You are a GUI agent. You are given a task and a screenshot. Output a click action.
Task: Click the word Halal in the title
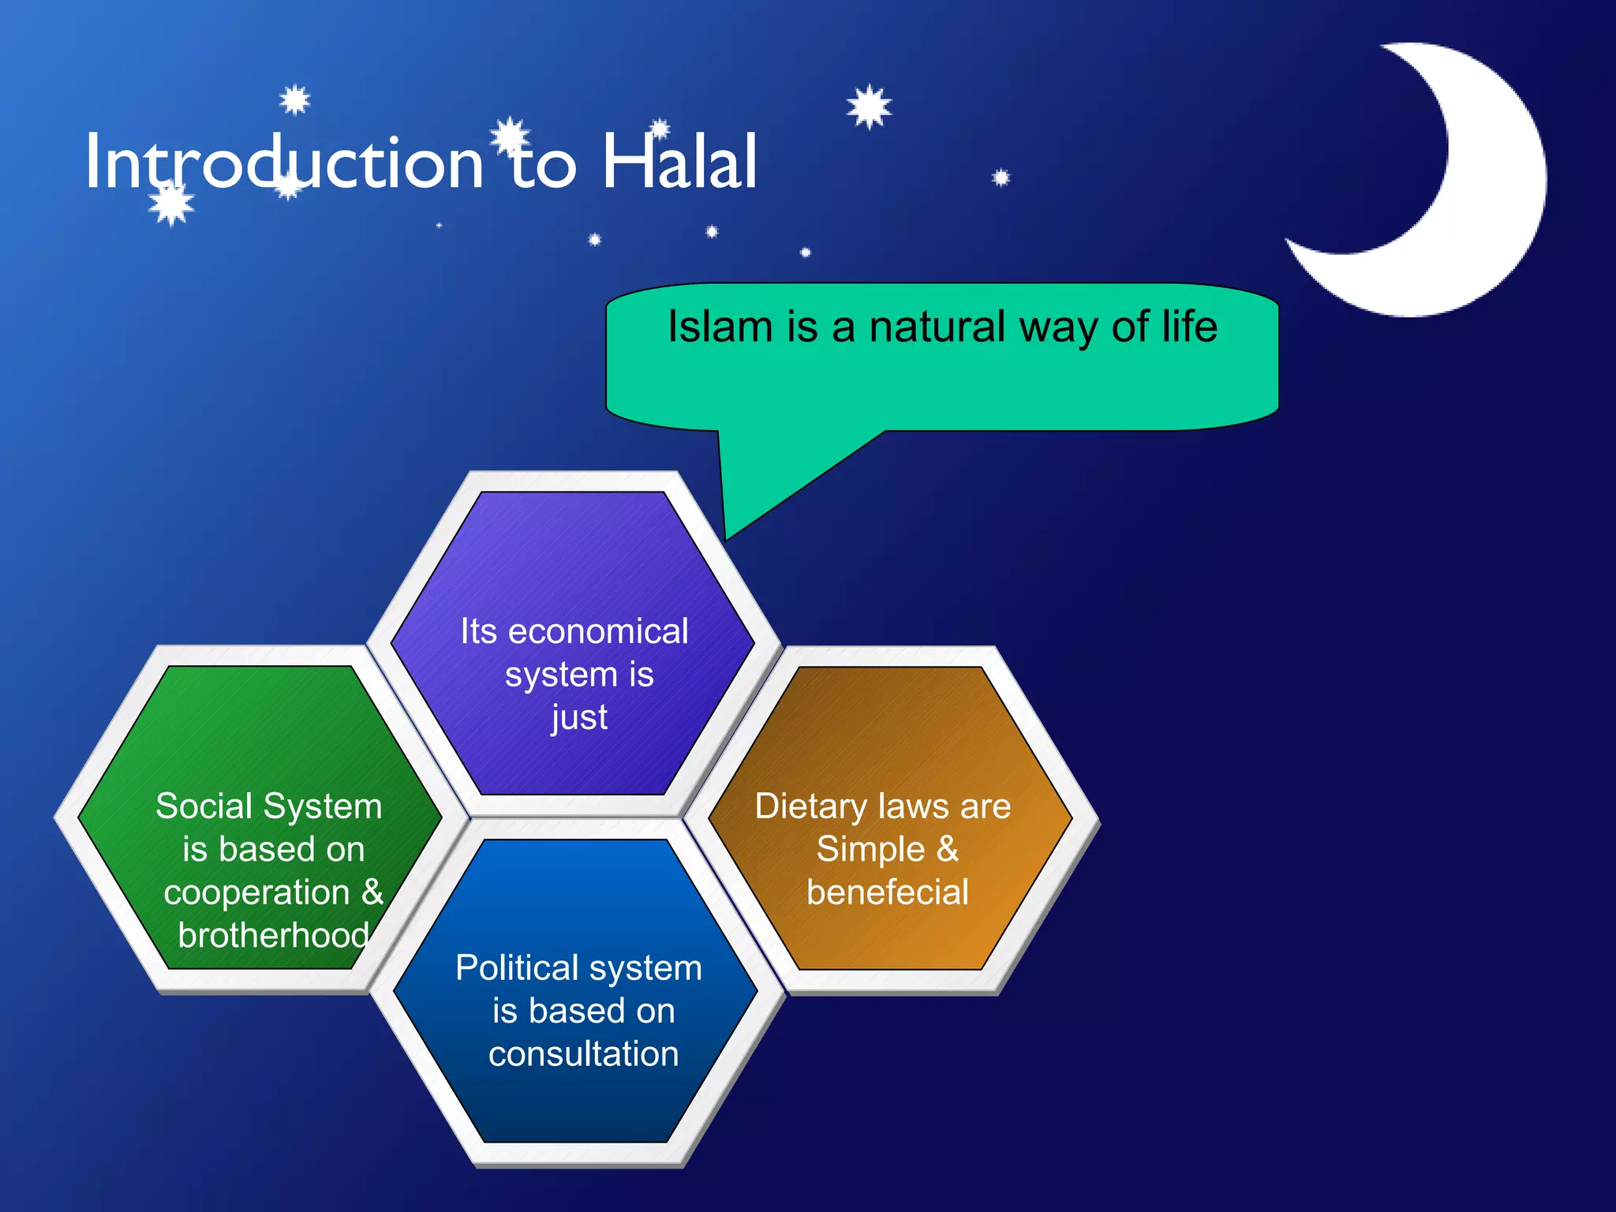click(x=679, y=163)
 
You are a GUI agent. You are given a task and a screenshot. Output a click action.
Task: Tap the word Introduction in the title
click(x=284, y=163)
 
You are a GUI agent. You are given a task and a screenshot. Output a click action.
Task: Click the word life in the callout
click(x=1189, y=327)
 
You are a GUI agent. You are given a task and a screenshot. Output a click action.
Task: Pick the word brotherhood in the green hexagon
click(x=273, y=936)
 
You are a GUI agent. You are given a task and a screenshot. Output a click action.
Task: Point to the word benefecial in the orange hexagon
click(x=887, y=892)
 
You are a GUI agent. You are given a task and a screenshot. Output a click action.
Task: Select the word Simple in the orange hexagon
click(x=870, y=850)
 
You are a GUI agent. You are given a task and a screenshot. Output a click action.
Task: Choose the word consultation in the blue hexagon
click(x=583, y=1054)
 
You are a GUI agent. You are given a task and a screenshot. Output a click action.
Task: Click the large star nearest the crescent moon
click(x=869, y=107)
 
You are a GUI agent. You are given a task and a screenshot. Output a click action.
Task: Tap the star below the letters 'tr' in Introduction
click(x=171, y=204)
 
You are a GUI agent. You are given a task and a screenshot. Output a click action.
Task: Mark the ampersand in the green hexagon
click(x=372, y=892)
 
